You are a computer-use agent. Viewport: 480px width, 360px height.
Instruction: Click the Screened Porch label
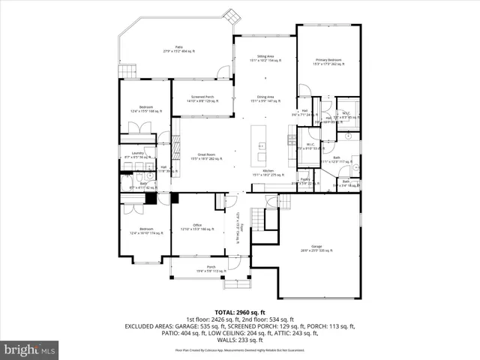coord(202,98)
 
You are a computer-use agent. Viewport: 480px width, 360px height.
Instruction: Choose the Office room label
coord(197,226)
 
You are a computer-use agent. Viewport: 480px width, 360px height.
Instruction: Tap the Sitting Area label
coord(264,58)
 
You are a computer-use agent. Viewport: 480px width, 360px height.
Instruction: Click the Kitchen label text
coord(267,172)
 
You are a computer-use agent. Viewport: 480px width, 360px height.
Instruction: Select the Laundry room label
coord(138,154)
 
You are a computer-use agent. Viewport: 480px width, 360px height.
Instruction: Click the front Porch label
coord(211,268)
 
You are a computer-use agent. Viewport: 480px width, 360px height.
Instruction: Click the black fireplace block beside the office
coord(151,199)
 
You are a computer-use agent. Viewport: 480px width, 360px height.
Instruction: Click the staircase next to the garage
coord(257,217)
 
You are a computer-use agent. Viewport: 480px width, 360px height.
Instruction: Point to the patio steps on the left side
coord(127,72)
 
